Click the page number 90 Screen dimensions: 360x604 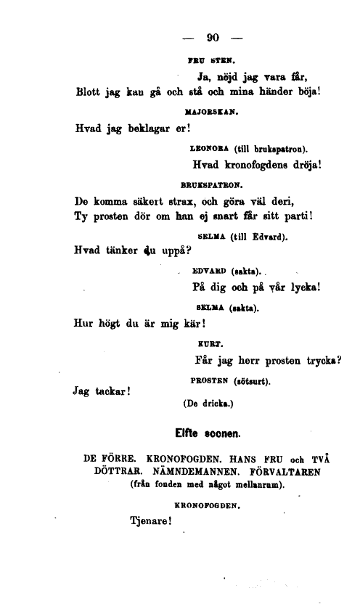click(x=213, y=38)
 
